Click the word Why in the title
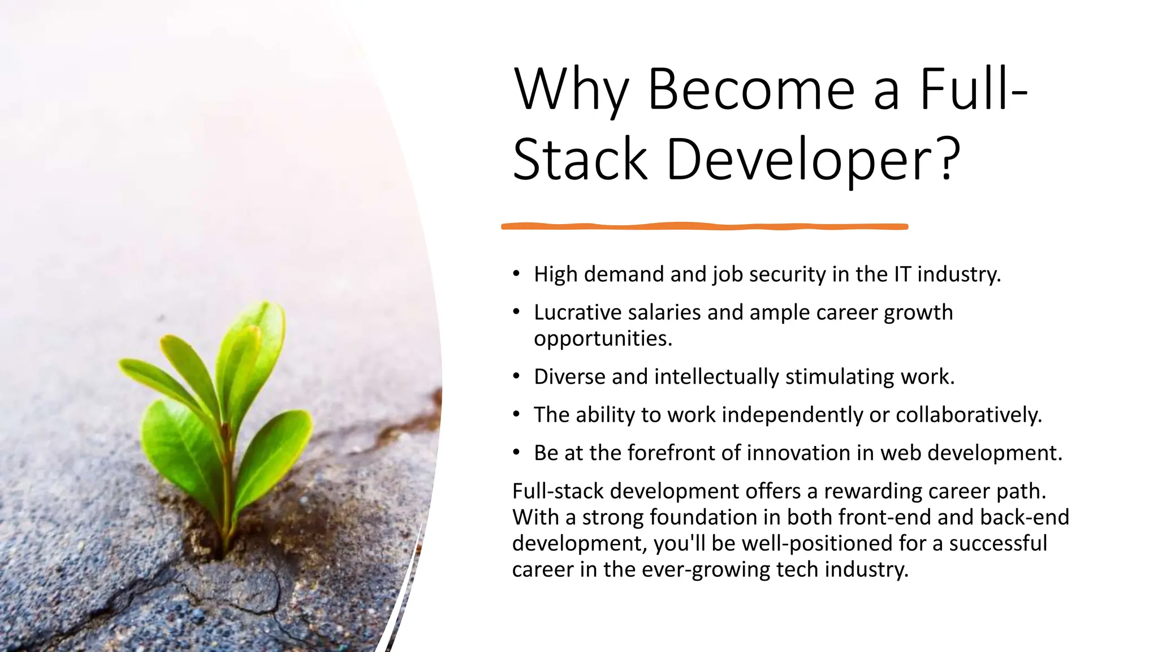coord(571,91)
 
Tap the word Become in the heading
coord(751,91)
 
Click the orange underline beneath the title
coord(705,226)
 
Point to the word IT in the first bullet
coord(902,274)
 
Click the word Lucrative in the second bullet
coord(577,312)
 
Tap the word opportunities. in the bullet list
coord(603,338)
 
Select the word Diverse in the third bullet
coord(569,377)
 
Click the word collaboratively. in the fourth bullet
coord(969,415)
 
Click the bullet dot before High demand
coord(516,274)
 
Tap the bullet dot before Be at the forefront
coord(516,453)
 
